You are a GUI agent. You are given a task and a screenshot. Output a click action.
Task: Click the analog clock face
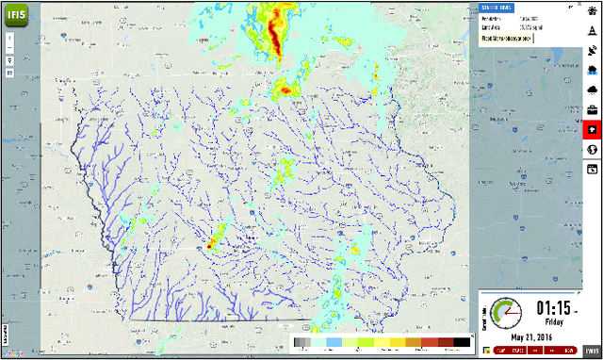click(x=506, y=313)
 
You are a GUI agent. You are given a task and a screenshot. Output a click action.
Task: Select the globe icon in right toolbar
click(x=593, y=150)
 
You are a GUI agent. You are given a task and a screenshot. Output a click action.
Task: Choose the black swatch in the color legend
click(x=461, y=342)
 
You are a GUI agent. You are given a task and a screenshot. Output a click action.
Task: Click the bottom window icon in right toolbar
click(x=593, y=169)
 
